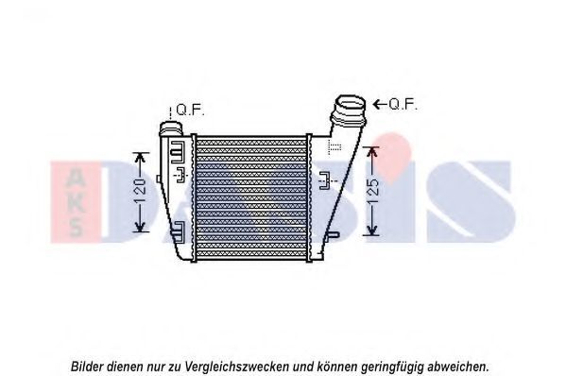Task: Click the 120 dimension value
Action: pos(141,190)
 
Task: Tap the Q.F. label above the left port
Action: pos(190,110)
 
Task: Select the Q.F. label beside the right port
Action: pos(403,104)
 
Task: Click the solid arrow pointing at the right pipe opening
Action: pos(380,104)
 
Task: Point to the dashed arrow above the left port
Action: pos(170,113)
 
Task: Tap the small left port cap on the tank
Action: pos(172,129)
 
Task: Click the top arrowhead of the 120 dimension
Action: pos(140,158)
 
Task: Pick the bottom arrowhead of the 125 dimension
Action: pos(372,230)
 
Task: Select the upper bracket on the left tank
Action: pos(178,152)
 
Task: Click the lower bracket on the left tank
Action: pos(178,232)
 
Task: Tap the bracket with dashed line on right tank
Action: pos(325,180)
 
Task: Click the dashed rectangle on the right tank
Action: pos(334,146)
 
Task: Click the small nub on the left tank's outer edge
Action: pos(158,179)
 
